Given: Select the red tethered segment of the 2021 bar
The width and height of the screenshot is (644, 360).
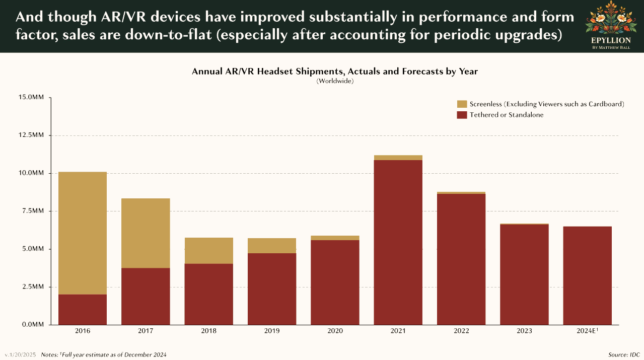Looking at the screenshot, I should (398, 242).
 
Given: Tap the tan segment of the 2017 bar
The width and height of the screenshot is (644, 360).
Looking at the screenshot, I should (146, 233).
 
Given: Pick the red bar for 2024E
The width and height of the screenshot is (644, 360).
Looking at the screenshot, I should (587, 275).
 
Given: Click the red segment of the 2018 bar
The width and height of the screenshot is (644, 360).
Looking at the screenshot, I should (208, 294).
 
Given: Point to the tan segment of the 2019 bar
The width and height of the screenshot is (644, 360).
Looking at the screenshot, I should (272, 246).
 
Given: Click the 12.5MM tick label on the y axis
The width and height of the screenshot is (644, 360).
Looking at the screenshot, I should (31, 135).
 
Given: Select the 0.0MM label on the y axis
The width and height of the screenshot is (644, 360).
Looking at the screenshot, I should (33, 325).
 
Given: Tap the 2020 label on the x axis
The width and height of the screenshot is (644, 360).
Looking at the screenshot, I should (335, 331).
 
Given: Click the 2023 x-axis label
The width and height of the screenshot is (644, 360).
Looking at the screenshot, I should (524, 331).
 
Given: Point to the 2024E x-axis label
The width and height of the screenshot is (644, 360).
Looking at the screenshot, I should (587, 331).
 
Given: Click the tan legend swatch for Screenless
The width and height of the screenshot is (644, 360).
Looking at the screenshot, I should (462, 104).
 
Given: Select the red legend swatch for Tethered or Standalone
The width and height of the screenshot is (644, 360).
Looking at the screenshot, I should (462, 115).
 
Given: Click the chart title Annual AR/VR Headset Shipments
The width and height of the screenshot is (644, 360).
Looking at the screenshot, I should (335, 71).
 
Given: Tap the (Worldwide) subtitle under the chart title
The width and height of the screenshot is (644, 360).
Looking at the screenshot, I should (335, 81).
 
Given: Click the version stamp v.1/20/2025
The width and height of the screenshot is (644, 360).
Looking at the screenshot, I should (20, 355).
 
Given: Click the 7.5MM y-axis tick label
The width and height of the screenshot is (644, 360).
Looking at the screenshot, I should (33, 211).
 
